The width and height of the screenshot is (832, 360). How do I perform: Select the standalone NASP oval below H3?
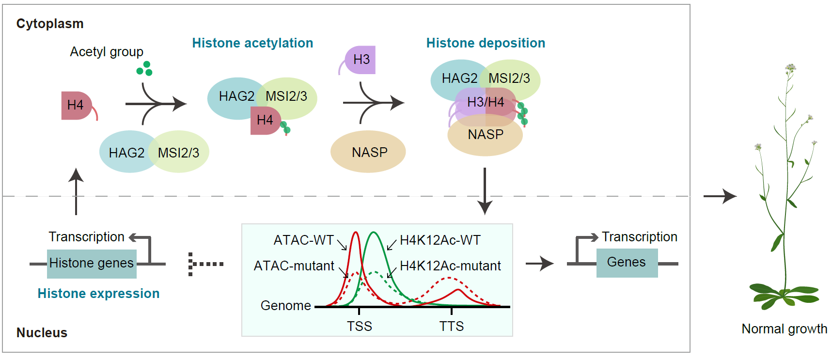[368, 152]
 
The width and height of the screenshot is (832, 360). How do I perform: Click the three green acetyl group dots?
[144, 69]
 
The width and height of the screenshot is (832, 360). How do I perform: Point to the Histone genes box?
[92, 263]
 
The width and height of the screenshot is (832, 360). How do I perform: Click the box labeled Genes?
[627, 263]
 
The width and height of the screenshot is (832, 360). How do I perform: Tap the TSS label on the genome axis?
[359, 326]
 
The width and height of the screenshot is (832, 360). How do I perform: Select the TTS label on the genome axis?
[452, 326]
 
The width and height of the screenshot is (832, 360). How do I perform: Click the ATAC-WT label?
[303, 240]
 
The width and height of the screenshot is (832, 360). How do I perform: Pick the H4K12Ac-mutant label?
[450, 266]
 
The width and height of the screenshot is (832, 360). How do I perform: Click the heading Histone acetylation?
[252, 43]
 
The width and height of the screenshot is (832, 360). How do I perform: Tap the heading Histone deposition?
[486, 43]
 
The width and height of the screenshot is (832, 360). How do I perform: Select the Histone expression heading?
[98, 294]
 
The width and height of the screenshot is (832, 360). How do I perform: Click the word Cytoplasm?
[50, 24]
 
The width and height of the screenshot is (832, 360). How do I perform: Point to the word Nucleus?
[42, 333]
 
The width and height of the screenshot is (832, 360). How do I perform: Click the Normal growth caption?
[784, 329]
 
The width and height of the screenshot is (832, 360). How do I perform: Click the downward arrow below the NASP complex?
[485, 191]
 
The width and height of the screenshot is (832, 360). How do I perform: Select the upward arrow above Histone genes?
[76, 191]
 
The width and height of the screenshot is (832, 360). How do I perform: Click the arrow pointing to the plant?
[720, 196]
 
